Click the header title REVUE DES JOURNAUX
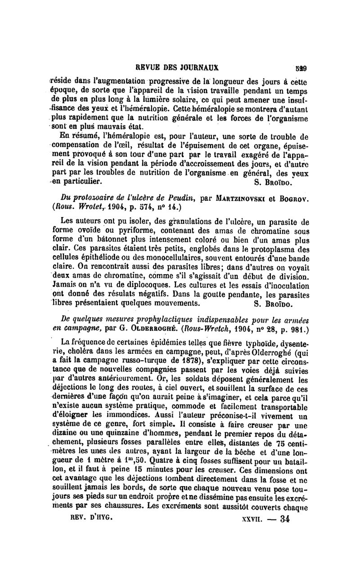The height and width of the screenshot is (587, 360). tap(177, 68)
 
